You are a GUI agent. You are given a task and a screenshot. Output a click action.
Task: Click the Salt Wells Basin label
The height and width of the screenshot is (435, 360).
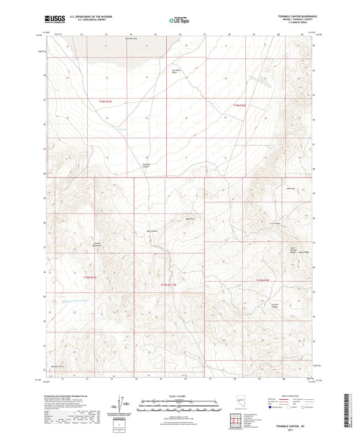(176, 73)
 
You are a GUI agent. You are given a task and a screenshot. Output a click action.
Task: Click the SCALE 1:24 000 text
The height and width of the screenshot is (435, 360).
(179, 395)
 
